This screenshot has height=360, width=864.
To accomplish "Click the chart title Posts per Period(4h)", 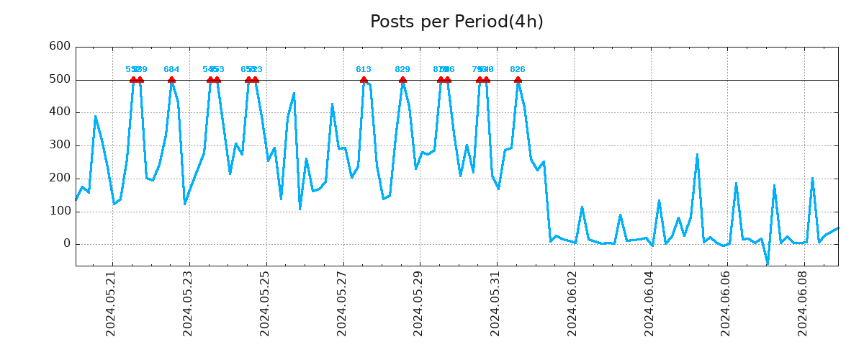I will [x=456, y=22].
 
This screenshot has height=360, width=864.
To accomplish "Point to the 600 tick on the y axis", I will [x=59, y=46].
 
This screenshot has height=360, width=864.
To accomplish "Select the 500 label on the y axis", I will [x=59, y=79].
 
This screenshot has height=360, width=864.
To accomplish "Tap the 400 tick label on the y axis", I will [x=59, y=112].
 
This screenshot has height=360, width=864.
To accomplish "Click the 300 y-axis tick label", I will [x=59, y=145].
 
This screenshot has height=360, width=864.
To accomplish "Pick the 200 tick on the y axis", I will [x=59, y=179].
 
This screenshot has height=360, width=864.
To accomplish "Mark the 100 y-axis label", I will [x=59, y=212].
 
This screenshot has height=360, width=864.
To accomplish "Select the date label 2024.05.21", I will [x=111, y=303].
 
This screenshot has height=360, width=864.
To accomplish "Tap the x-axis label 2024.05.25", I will [x=265, y=303].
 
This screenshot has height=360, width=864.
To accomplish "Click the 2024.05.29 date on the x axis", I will [x=418, y=303].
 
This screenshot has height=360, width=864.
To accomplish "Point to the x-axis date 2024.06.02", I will [x=572, y=303].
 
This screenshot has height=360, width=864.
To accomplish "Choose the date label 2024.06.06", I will [x=726, y=303].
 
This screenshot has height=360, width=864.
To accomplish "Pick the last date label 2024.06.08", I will [x=803, y=303].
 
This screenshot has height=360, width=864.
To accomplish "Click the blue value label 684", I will [x=171, y=70].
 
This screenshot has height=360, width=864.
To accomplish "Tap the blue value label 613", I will [x=364, y=70].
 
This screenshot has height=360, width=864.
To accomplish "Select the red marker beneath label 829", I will [x=402, y=80].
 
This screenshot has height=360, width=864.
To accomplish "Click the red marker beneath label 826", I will [x=518, y=80].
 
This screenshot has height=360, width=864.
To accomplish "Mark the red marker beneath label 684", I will [x=171, y=80].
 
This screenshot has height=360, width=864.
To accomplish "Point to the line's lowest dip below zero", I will [x=768, y=264].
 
